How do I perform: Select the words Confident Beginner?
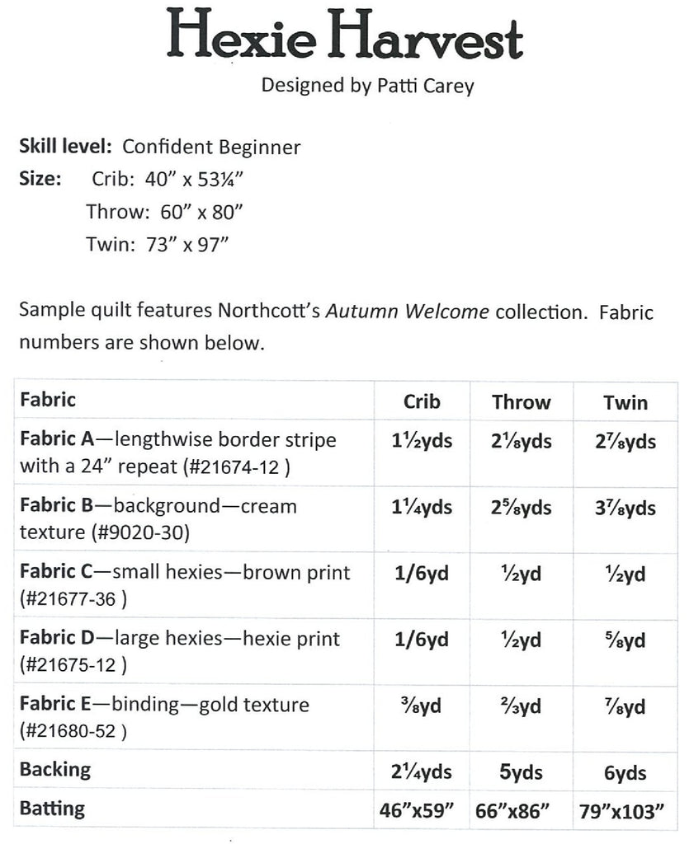coord(211,148)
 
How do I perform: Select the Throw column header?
coord(521,402)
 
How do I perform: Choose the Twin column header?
coord(626,402)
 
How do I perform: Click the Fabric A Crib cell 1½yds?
coord(422,441)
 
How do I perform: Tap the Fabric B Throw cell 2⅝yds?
coord(521,507)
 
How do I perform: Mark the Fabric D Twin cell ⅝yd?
coord(626,640)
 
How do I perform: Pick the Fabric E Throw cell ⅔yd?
coord(521,706)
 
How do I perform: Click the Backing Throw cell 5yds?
coord(521,772)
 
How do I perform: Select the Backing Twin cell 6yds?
coord(626,772)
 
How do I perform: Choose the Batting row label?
coord(52,809)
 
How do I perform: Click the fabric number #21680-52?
coord(73,731)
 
